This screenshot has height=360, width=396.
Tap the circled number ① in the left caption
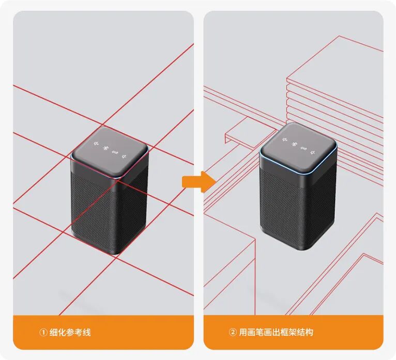tap(43, 332)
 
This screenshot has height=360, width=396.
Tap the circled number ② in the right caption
tap(232, 332)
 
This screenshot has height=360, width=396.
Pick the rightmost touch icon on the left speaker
tap(125, 153)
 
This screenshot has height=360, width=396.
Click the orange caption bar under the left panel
tap(103, 332)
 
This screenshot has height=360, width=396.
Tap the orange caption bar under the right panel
tap(294, 332)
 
